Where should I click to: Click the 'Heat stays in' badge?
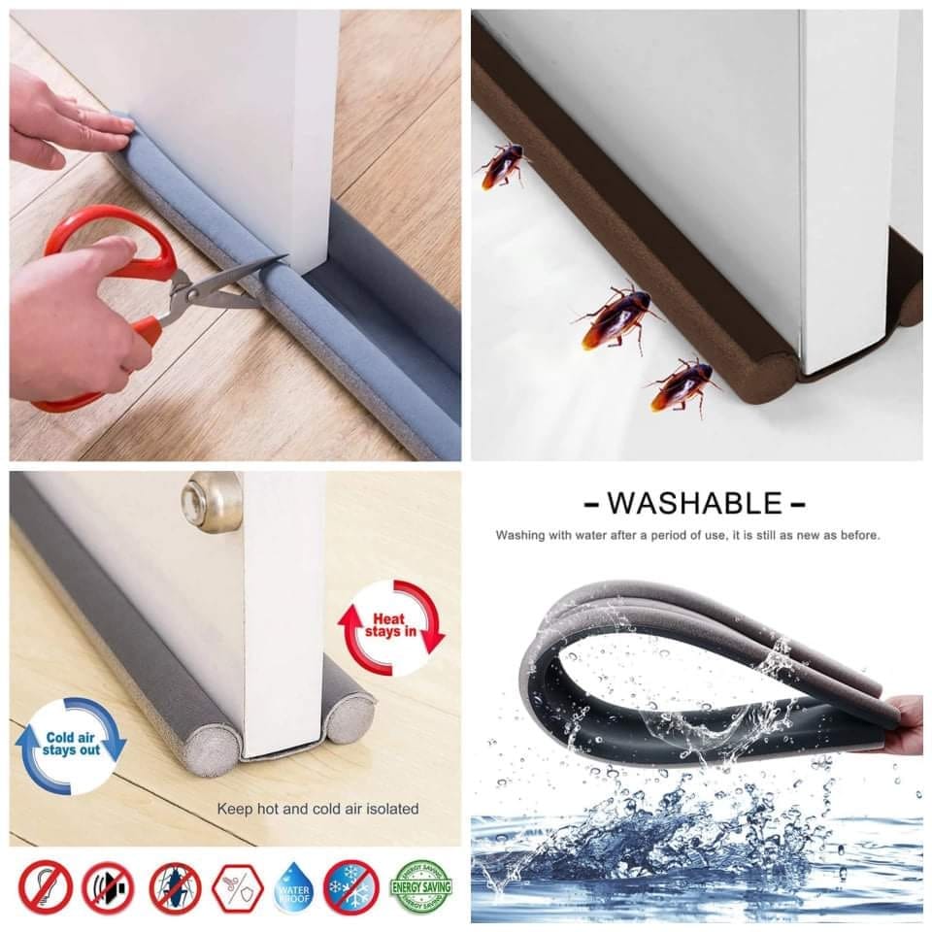[x=391, y=627]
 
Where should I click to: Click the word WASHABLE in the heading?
[x=694, y=503]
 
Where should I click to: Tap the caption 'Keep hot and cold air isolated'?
[x=317, y=808]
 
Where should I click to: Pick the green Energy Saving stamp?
[x=420, y=886]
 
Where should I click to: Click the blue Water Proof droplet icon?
[x=294, y=887]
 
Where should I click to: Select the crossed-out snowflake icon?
[x=350, y=887]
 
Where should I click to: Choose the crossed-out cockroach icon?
[x=176, y=887]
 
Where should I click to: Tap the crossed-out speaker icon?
[x=108, y=887]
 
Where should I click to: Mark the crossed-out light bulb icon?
[x=45, y=887]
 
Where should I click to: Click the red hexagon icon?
[x=238, y=887]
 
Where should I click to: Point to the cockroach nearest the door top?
[x=503, y=165]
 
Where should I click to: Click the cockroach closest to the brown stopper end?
[x=682, y=383]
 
